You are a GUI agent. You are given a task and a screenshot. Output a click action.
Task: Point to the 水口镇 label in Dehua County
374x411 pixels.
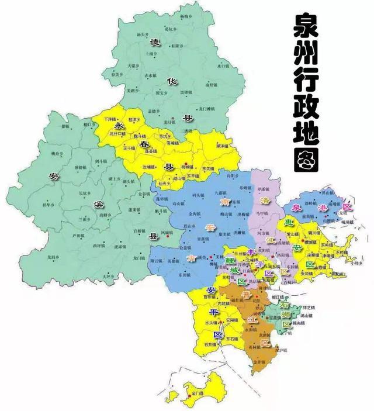pos(223,66)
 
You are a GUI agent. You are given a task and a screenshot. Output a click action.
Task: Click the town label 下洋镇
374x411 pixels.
pos(109,119)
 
